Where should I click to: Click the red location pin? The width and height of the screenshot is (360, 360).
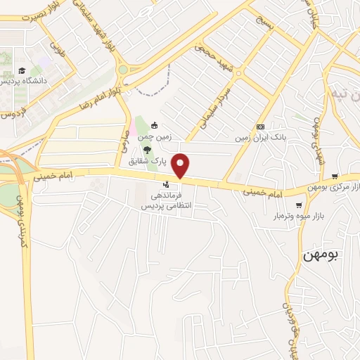(181, 166)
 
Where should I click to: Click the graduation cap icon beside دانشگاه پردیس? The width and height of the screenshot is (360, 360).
(22, 70)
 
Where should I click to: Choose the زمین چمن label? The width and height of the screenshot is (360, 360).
(155, 139)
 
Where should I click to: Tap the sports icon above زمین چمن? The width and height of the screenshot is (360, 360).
(155, 127)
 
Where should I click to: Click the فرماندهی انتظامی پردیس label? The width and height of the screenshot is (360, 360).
(168, 201)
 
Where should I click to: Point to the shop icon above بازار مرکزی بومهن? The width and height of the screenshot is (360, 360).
(335, 176)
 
